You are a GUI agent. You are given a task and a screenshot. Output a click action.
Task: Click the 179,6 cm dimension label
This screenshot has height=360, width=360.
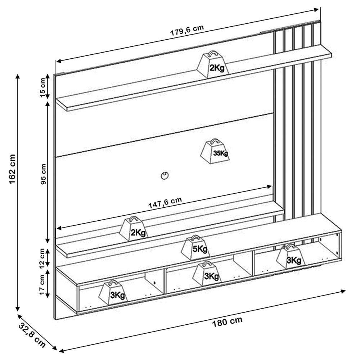pos(187,32)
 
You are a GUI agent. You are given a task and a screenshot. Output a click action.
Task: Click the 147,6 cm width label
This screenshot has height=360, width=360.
pos(165,203)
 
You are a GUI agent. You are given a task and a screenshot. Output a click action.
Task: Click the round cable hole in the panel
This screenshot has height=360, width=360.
pos(165,176)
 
